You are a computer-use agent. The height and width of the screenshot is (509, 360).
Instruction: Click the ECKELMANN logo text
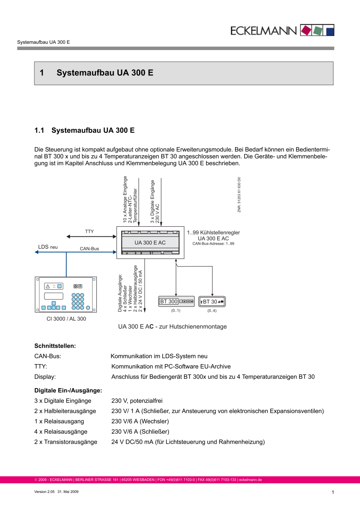[264, 30]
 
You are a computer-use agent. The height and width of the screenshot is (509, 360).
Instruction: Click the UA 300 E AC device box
[150, 242]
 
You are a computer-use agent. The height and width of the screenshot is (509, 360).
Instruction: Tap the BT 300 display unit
[176, 302]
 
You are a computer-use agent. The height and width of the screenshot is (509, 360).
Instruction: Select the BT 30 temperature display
[212, 302]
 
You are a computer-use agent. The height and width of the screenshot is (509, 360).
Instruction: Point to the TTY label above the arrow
[89, 232]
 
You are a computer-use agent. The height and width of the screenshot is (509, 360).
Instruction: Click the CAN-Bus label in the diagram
[89, 249]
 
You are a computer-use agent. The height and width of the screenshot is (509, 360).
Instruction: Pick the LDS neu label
[48, 247]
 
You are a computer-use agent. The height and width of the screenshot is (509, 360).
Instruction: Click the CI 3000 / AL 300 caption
[66, 319]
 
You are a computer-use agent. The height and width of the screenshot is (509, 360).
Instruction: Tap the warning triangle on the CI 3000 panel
[48, 286]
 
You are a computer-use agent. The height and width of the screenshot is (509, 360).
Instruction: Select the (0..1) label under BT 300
[176, 311]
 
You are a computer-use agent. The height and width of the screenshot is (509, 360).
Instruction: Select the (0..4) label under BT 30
[212, 311]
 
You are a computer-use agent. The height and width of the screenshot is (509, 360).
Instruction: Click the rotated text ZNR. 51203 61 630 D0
[239, 195]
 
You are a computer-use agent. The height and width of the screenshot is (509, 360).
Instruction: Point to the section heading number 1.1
[40, 130]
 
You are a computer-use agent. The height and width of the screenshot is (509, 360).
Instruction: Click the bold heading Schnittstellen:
[55, 346]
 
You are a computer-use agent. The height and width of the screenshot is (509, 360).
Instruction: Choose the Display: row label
[45, 377]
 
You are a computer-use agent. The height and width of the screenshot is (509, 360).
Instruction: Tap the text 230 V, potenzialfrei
[139, 401]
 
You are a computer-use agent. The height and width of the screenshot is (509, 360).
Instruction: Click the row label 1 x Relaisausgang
[59, 421]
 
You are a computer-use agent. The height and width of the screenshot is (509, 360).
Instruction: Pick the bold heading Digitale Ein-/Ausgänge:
[68, 390]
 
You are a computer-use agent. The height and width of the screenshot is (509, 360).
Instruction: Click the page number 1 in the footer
[333, 492]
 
